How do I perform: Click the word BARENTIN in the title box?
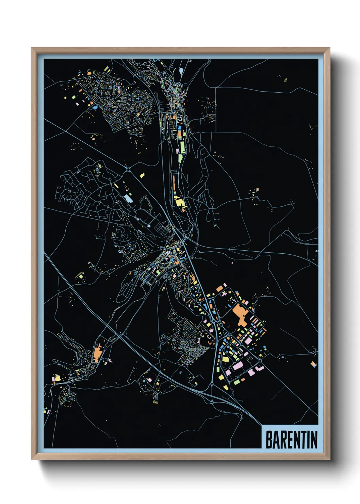(x=291, y=440)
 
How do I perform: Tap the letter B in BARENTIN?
(x=268, y=440)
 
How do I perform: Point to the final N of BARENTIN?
(x=314, y=440)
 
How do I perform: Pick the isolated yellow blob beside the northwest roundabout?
(x=143, y=175)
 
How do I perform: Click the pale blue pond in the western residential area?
(x=128, y=198)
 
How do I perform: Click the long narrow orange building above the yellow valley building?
(x=174, y=184)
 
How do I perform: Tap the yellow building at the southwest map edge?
(x=57, y=378)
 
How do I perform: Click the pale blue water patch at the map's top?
(x=181, y=70)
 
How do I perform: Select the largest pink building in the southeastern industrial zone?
(x=238, y=366)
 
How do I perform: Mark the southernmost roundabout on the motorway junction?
(x=212, y=403)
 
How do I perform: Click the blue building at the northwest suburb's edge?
(x=95, y=107)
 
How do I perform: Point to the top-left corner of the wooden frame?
(x=32, y=48)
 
